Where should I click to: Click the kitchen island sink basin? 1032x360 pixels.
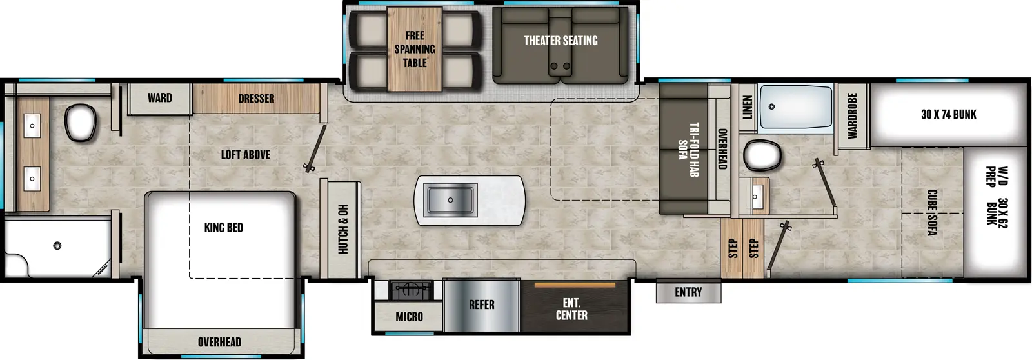pos(450,199)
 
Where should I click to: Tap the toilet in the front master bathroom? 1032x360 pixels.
pos(81,122)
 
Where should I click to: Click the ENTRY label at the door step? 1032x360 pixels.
pos(688,292)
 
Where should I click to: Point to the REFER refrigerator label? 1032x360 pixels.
pos(481,305)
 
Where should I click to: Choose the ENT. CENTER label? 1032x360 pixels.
pos(571,309)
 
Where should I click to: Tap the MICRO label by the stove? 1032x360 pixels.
pos(409,316)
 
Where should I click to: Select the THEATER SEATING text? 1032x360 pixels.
pos(560,41)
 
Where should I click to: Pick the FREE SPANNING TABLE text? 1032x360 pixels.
pos(415,49)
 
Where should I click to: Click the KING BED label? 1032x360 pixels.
pos(223,227)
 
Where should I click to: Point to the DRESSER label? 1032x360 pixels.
pos(256,99)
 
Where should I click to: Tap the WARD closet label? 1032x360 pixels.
pos(159,98)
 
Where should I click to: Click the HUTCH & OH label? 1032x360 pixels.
pos(343,228)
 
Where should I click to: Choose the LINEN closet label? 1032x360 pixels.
pos(747,108)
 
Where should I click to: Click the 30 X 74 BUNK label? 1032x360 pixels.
pos(948,114)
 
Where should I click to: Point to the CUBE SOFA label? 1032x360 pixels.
pos(932,212)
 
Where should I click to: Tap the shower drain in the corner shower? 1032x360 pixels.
pos(57,245)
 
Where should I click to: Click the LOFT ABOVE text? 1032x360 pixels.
pos(245,154)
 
